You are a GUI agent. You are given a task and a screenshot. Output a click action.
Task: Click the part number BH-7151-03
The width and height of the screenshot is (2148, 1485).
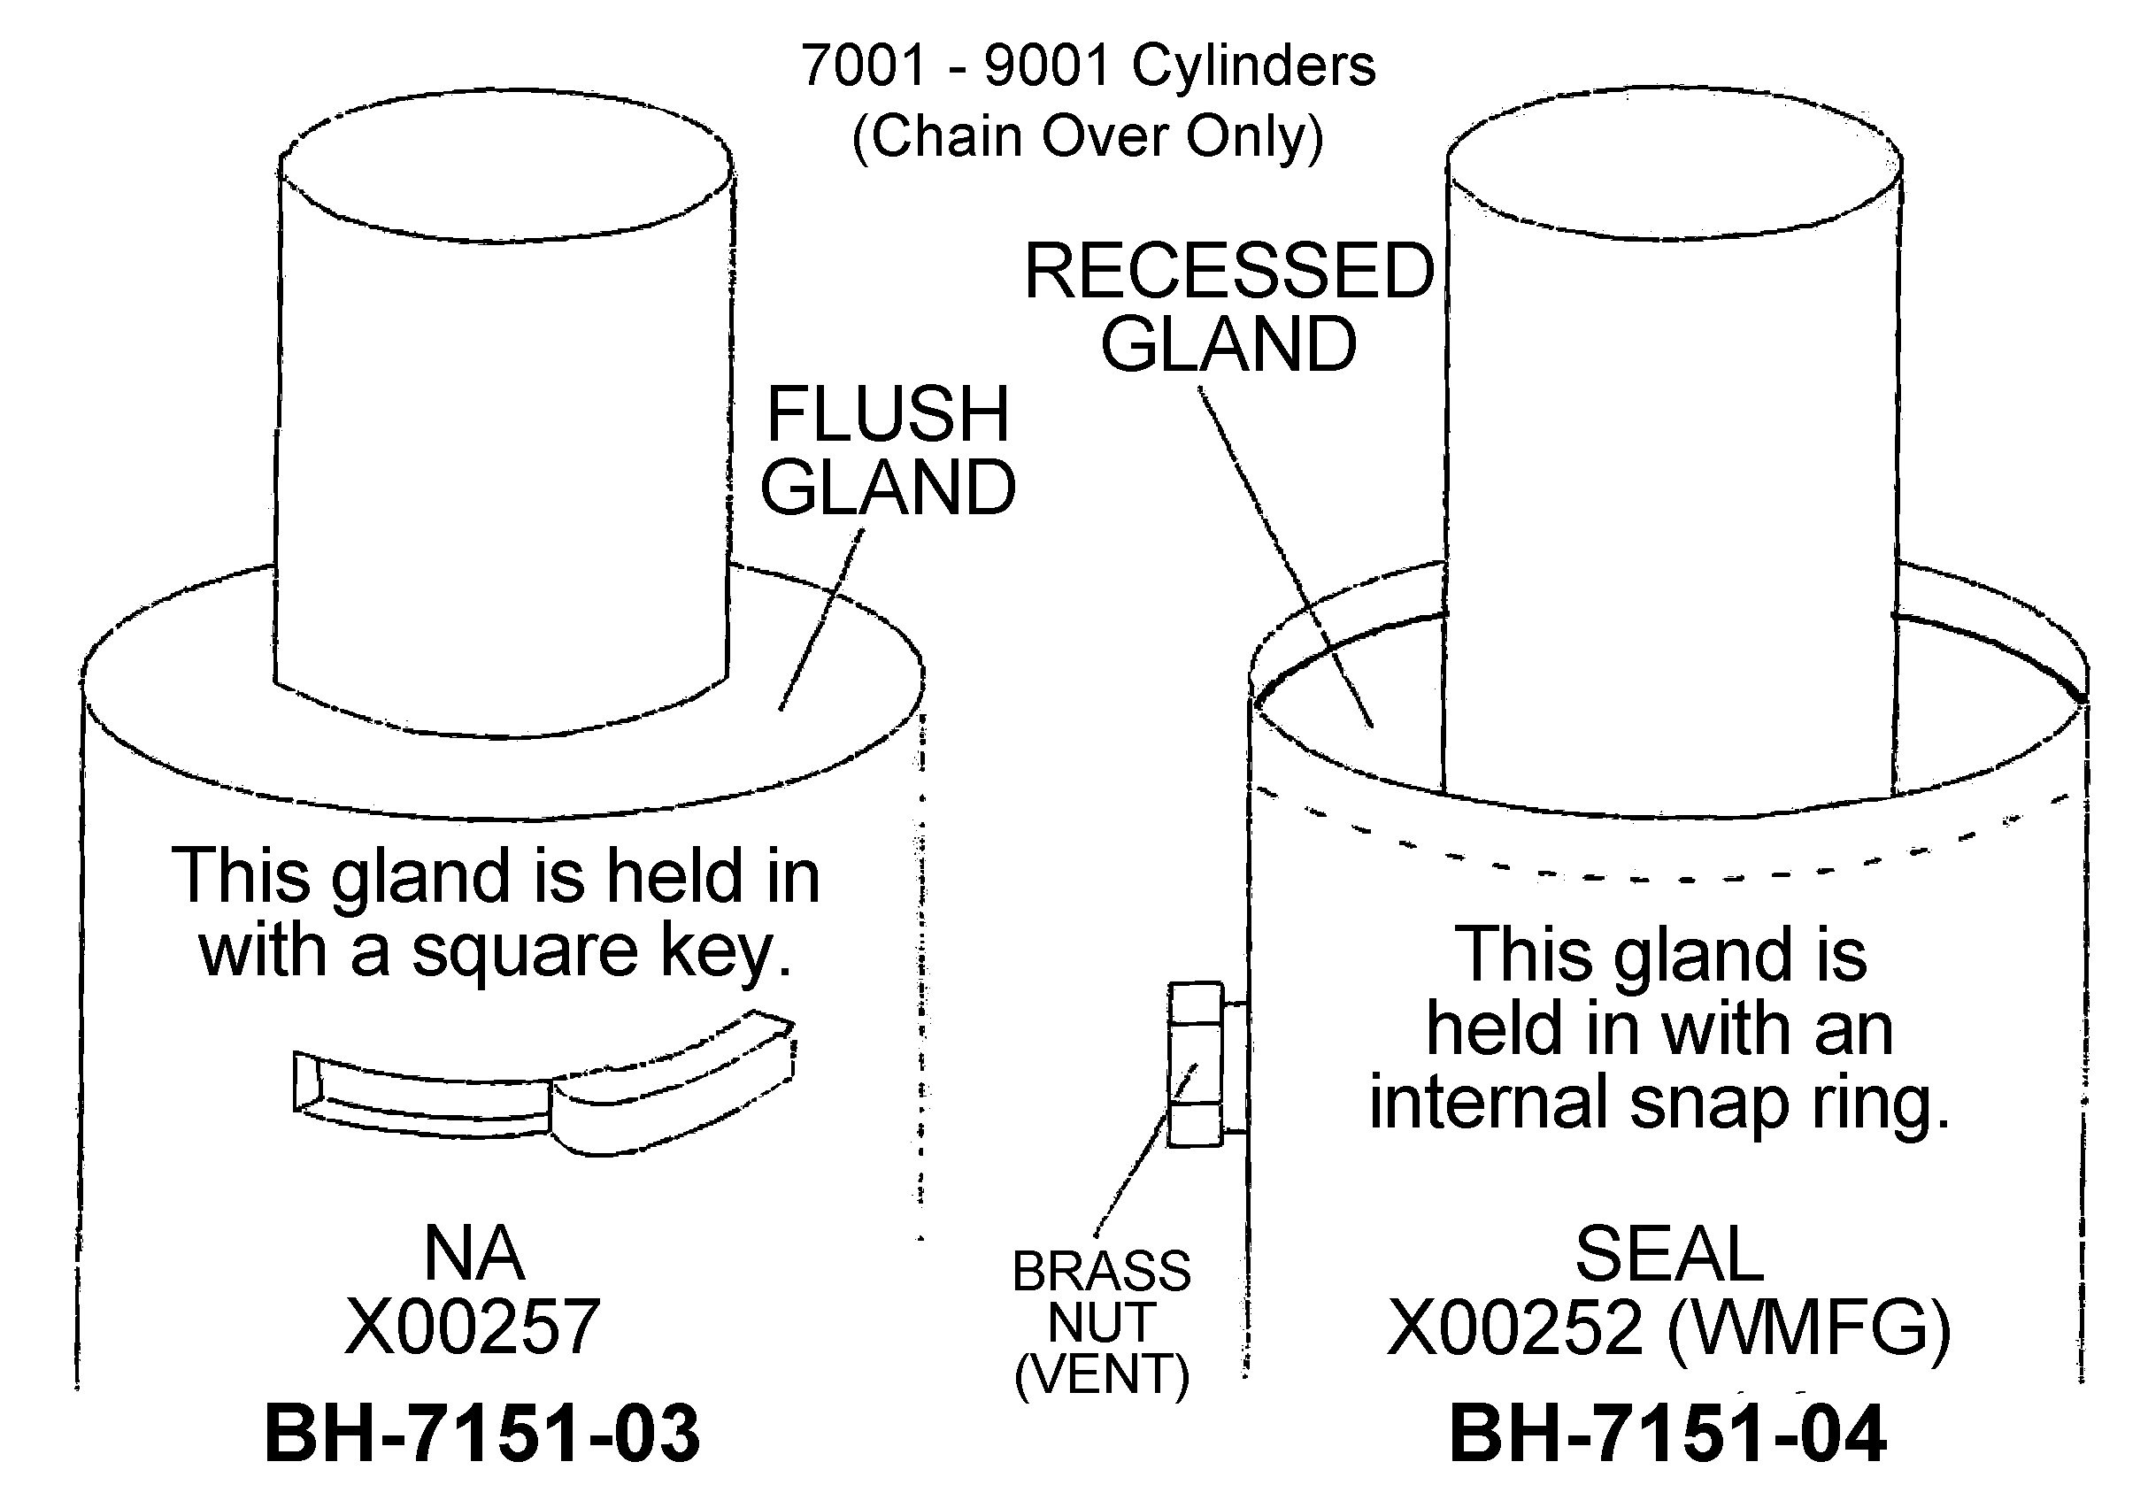click(x=481, y=1434)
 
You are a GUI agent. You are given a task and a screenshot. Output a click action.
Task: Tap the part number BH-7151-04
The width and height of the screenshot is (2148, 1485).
click(x=1667, y=1434)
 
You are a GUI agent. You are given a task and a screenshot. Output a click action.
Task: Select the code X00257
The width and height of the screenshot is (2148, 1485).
click(x=473, y=1327)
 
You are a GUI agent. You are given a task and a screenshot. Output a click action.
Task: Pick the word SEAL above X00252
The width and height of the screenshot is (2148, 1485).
click(x=1669, y=1254)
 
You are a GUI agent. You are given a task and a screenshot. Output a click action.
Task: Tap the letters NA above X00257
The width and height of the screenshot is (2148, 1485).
click(x=473, y=1253)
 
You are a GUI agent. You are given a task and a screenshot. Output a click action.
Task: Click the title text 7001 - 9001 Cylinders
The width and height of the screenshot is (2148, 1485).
click(x=1088, y=65)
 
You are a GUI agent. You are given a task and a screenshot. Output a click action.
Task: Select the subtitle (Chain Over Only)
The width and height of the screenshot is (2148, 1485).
click(x=1088, y=136)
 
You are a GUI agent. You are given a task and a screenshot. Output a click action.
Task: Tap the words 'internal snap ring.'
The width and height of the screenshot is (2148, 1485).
click(x=1659, y=1102)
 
